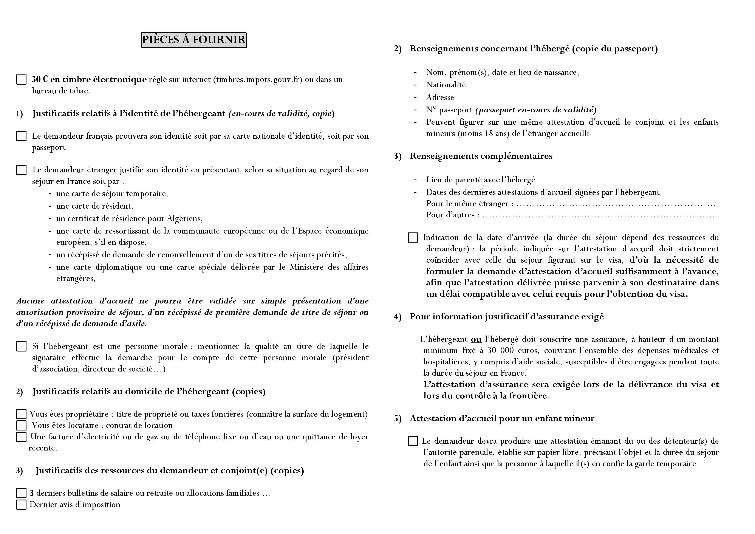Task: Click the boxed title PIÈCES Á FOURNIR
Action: [x=194, y=40]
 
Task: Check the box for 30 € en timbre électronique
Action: [x=21, y=80]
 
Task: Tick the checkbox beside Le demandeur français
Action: [x=21, y=136]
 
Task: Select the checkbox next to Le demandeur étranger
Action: [x=21, y=170]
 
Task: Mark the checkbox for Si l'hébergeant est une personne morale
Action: [x=21, y=347]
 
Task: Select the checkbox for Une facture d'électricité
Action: [x=21, y=437]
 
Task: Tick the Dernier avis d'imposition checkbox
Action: [x=21, y=505]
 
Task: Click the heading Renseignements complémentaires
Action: [x=481, y=156]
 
